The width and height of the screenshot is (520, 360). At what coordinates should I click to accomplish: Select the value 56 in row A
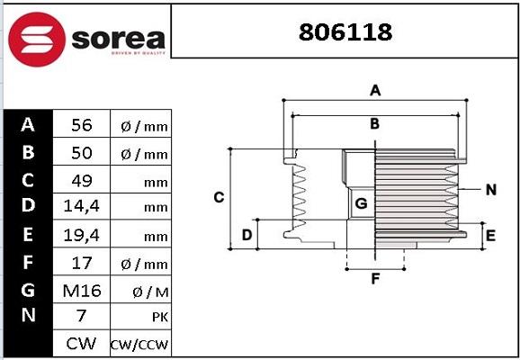(x=81, y=126)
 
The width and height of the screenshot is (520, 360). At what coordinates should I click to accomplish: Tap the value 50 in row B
(x=81, y=153)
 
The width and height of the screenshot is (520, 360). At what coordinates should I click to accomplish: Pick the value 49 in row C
(x=81, y=180)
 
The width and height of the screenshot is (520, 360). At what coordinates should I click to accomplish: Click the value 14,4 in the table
(x=81, y=207)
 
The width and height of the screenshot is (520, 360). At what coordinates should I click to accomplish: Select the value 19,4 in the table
(x=81, y=235)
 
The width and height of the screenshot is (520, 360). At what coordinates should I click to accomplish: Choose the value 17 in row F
(x=81, y=263)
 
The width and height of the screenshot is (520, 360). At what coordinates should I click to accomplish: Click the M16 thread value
(x=81, y=290)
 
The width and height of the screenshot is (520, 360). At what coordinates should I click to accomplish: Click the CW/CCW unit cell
(x=139, y=344)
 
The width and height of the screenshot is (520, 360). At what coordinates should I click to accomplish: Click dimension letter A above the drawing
(x=376, y=90)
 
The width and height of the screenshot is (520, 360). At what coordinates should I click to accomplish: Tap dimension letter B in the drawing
(x=375, y=124)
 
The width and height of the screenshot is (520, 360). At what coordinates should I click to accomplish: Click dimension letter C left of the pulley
(x=218, y=198)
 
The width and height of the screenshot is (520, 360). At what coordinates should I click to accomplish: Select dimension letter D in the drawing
(x=247, y=236)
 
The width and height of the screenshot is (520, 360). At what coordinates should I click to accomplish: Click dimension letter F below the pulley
(x=375, y=278)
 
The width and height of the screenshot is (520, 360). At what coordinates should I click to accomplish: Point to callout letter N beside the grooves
(x=490, y=189)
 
